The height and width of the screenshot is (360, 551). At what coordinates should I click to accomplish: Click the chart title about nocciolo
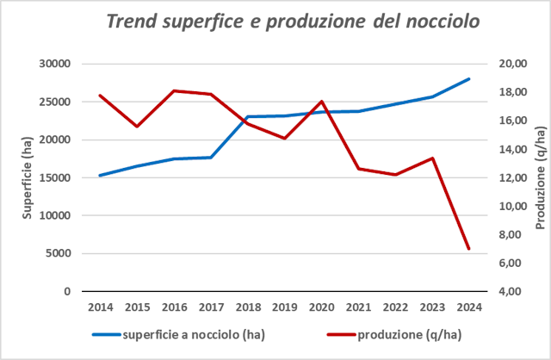coord(293,22)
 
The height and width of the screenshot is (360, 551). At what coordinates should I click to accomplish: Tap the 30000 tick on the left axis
coord(55,65)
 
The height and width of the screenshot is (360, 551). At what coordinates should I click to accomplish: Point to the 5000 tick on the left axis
coord(58,254)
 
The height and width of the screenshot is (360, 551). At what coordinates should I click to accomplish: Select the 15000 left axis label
coord(55,178)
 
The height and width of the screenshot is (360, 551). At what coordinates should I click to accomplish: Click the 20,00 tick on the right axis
coord(514,64)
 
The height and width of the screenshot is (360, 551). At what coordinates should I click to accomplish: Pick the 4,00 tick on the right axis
coord(514,291)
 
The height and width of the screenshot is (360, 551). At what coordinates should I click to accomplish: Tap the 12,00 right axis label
coord(514,178)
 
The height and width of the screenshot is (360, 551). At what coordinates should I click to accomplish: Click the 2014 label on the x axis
coord(100,307)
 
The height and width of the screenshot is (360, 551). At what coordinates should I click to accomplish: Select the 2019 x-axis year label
coord(284,307)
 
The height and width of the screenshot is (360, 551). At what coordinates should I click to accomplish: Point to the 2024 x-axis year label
coord(468,307)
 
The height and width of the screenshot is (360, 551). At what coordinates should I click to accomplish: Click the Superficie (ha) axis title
coord(28,178)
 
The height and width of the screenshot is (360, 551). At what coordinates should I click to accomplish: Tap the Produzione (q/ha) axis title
coord(541,178)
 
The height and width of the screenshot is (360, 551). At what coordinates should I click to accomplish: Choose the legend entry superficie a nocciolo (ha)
coord(172,334)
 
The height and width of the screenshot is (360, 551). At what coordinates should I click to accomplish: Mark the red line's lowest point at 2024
coord(468,249)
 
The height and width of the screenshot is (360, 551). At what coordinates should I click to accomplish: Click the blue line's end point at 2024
coord(468,79)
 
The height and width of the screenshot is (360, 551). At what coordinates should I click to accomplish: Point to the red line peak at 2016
coord(174,90)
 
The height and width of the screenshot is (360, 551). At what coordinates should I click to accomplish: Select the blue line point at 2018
coord(248,116)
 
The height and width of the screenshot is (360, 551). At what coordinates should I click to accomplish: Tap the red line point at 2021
coord(358,169)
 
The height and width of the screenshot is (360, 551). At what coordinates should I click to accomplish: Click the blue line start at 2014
coord(100,175)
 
